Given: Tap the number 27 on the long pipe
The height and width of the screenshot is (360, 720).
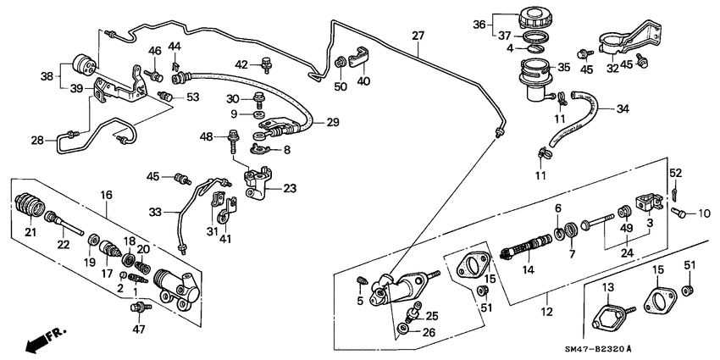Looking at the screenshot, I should (x=417, y=36).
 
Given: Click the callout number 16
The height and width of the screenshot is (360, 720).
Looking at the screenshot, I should (x=106, y=195).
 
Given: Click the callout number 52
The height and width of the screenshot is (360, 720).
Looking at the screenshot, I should (x=675, y=173).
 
